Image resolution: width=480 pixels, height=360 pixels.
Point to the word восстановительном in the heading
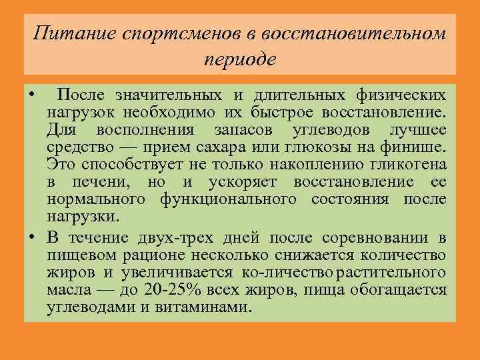coord(353,33)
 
